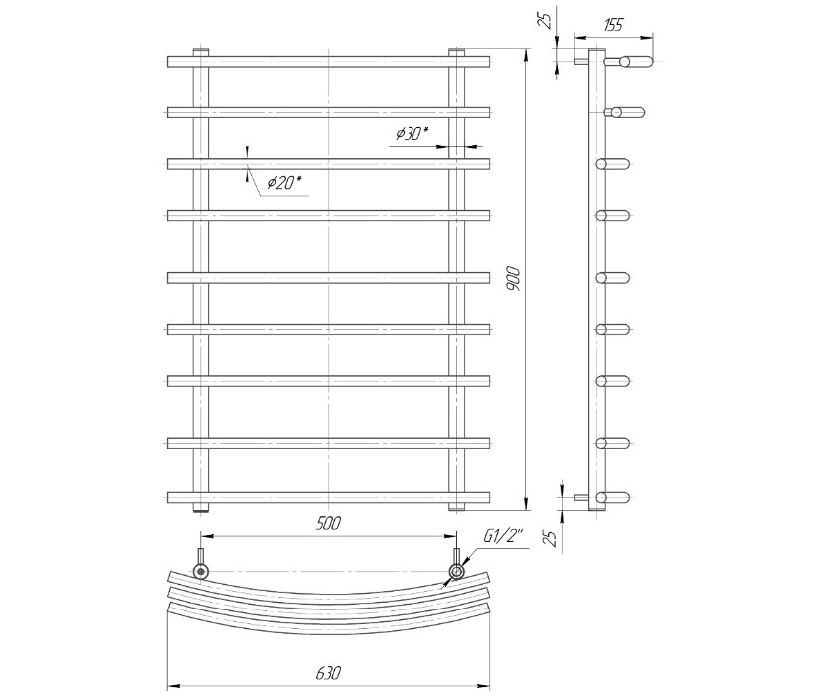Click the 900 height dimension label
(514, 279)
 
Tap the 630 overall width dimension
(329, 673)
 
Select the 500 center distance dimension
(328, 523)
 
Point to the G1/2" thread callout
(503, 539)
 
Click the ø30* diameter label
(412, 134)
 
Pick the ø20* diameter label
(284, 183)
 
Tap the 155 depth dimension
(613, 25)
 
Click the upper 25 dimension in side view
(547, 19)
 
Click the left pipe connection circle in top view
(201, 572)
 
